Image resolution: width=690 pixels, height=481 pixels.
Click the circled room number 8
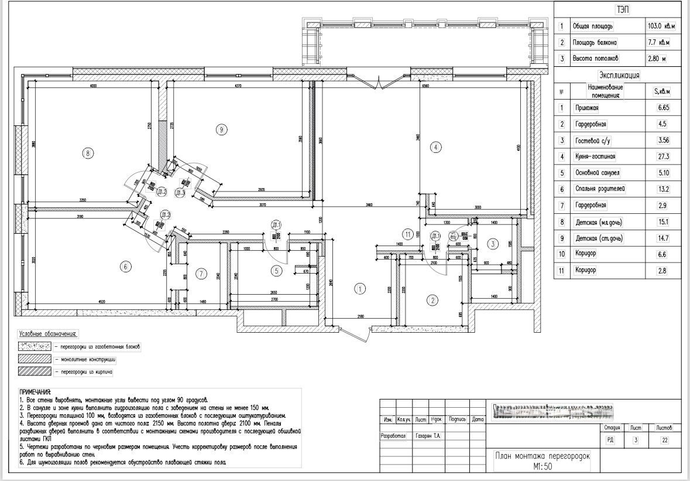pyautogui.click(x=87, y=153)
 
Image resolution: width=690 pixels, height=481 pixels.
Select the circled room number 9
pyautogui.click(x=221, y=129)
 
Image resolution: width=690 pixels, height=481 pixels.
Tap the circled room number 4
pyautogui.click(x=435, y=147)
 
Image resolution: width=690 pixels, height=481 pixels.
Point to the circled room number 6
pyautogui.click(x=125, y=267)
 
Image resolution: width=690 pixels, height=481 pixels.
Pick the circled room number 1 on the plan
pyautogui.click(x=361, y=288)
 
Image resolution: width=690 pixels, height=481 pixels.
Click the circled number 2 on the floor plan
pyautogui.click(x=432, y=301)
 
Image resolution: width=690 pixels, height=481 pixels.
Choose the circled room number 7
pyautogui.click(x=201, y=273)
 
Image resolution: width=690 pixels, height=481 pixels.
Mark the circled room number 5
pyautogui.click(x=277, y=270)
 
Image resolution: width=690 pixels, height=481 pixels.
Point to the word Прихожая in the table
pyautogui.click(x=587, y=108)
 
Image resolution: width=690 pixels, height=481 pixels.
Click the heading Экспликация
pyautogui.click(x=619, y=76)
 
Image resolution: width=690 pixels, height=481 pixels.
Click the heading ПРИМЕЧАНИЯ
pyautogui.click(x=35, y=392)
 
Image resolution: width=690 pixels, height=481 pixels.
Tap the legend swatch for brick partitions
pyautogui.click(x=35, y=371)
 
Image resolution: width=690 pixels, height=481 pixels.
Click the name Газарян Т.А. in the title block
pyautogui.click(x=430, y=436)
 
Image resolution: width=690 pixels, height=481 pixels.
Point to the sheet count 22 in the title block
pyautogui.click(x=664, y=441)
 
